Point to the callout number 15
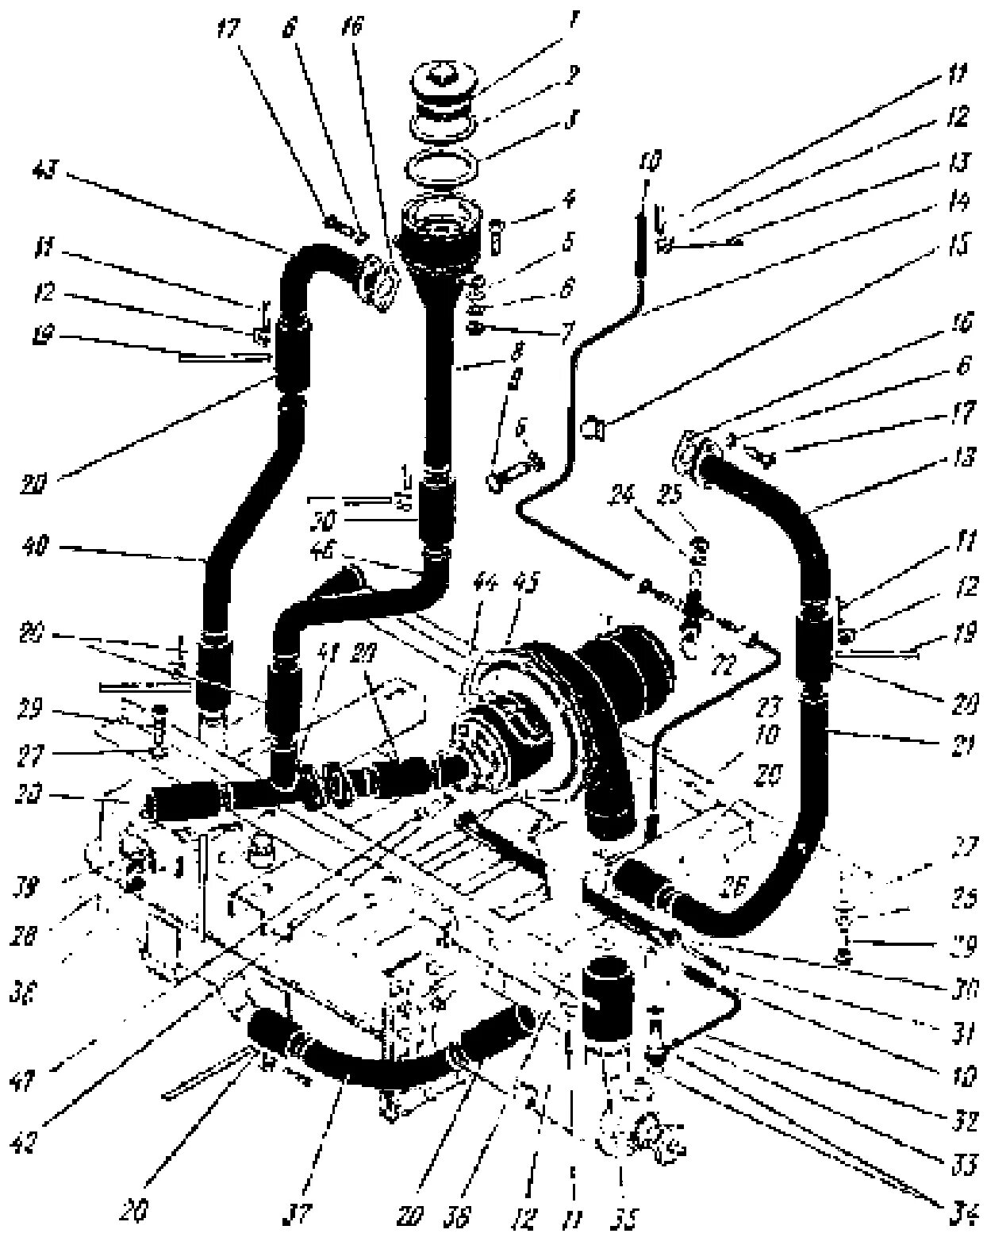pyautogui.click(x=958, y=248)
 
